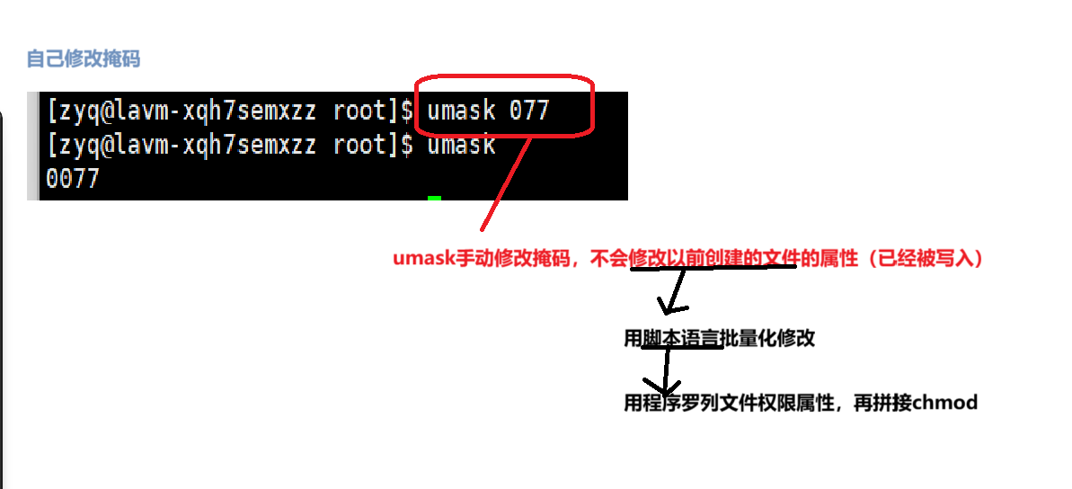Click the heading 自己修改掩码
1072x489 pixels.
point(83,59)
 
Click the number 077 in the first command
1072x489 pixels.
point(528,111)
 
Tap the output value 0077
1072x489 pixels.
point(72,178)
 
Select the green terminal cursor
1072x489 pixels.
point(434,198)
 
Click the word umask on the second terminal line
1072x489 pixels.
point(461,145)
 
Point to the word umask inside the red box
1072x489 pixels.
point(461,111)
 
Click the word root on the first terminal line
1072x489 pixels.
point(359,111)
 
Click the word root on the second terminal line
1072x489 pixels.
point(359,145)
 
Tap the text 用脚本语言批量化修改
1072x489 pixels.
point(719,339)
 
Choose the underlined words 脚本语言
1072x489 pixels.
point(680,339)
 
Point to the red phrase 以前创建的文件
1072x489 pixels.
point(714,259)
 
